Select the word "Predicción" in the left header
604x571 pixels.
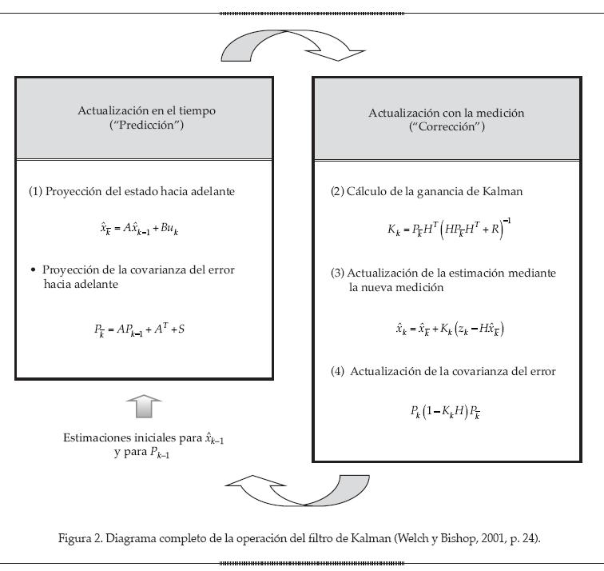[x=146, y=126]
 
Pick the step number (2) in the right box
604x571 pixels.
[x=337, y=192]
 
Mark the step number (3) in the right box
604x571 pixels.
[x=337, y=273]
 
